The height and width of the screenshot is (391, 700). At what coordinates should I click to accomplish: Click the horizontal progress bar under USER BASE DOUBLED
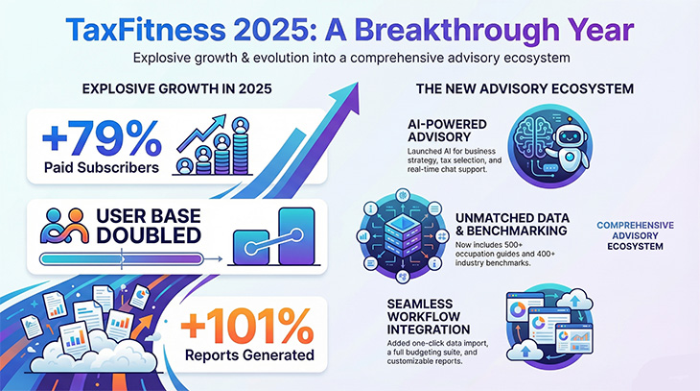tap(120, 257)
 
